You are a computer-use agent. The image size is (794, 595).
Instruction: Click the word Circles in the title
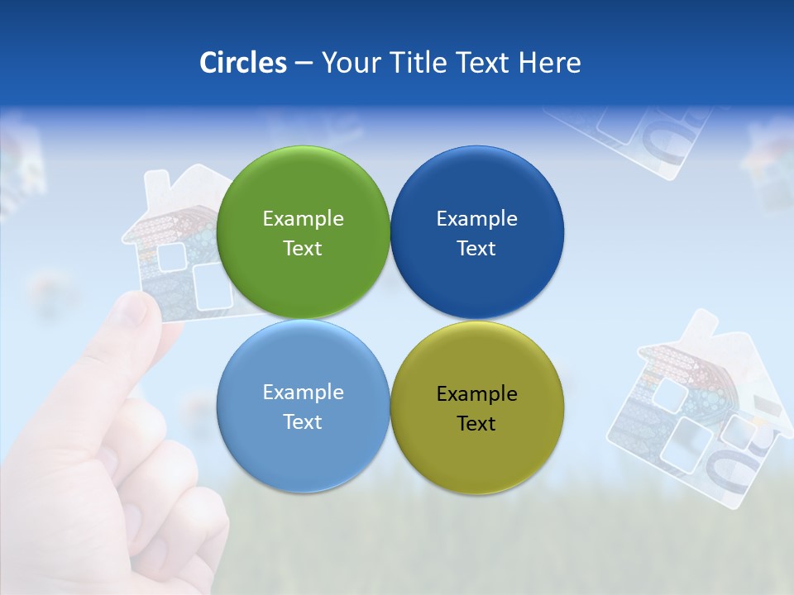(x=242, y=63)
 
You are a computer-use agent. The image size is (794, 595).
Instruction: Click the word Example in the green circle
(x=303, y=218)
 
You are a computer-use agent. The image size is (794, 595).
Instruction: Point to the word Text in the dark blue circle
(x=476, y=248)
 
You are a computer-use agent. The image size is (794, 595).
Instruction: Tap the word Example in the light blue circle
(x=303, y=392)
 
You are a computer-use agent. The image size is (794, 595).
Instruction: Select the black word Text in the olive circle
(x=476, y=423)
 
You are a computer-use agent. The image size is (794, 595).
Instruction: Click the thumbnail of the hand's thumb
(x=132, y=312)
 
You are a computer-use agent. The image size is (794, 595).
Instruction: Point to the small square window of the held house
(x=172, y=258)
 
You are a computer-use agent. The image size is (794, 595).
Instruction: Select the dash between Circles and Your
(x=303, y=64)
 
